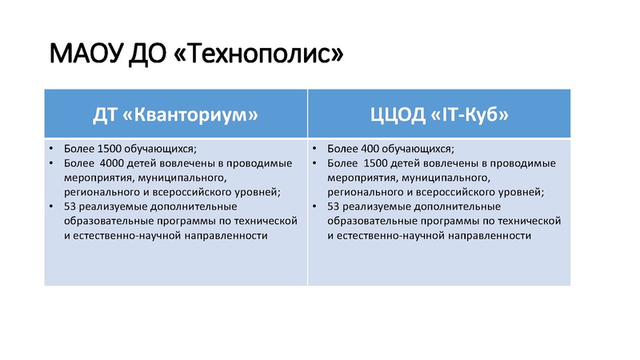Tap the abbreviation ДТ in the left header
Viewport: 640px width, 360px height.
click(108, 114)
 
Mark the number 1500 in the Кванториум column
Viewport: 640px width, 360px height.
click(110, 149)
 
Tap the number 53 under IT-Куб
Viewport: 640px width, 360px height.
click(334, 206)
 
